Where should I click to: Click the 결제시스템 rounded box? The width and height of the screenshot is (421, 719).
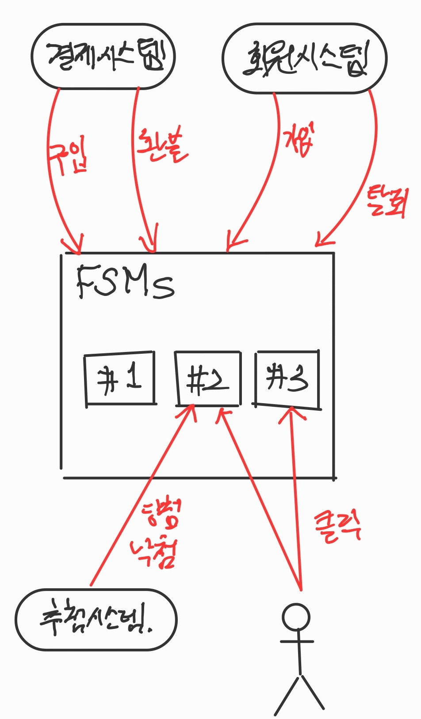103,57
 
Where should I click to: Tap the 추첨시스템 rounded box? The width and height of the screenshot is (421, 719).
96,620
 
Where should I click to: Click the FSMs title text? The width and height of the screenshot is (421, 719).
125,282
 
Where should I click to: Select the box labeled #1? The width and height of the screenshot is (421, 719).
120,378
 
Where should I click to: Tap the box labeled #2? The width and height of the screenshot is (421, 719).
208,379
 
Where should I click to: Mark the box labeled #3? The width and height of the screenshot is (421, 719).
287,379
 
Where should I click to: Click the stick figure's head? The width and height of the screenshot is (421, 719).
296,617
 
